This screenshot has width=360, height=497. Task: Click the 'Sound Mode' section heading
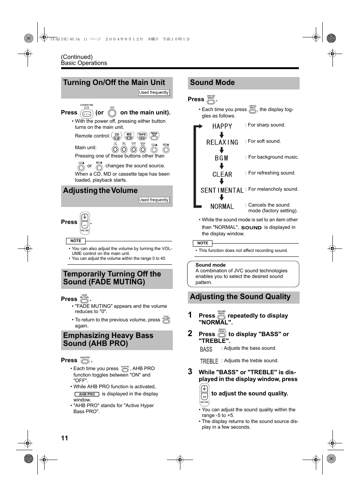pos(212,83)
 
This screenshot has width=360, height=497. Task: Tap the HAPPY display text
pos(222,126)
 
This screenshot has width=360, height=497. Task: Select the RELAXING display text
pos(222,142)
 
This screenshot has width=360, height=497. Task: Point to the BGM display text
pos(222,158)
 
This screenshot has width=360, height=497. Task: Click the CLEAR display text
pos(222,174)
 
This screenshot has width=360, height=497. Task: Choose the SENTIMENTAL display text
pos(222,190)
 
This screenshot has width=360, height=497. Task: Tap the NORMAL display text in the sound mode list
pos(222,207)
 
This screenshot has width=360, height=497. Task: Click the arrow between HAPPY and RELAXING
pos(222,134)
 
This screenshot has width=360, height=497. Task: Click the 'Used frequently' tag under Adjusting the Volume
pos(154,200)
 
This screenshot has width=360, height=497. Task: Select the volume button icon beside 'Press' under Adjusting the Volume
pos(85,222)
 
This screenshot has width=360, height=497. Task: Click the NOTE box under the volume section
pos(76,241)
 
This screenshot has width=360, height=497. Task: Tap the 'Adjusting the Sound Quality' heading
pos(240,297)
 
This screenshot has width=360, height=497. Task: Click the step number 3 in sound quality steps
pos(190,372)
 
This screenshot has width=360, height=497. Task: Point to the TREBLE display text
pos(209,361)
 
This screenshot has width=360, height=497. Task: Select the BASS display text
pos(206,349)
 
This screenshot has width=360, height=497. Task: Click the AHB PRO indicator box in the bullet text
pos(87,394)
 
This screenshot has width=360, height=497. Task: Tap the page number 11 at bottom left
pos(65,438)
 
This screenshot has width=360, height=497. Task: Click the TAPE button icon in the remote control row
pos(142,136)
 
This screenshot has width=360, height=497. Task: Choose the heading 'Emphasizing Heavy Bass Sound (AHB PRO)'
pos(108,340)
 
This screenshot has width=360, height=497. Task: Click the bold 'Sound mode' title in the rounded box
pos(210,265)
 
